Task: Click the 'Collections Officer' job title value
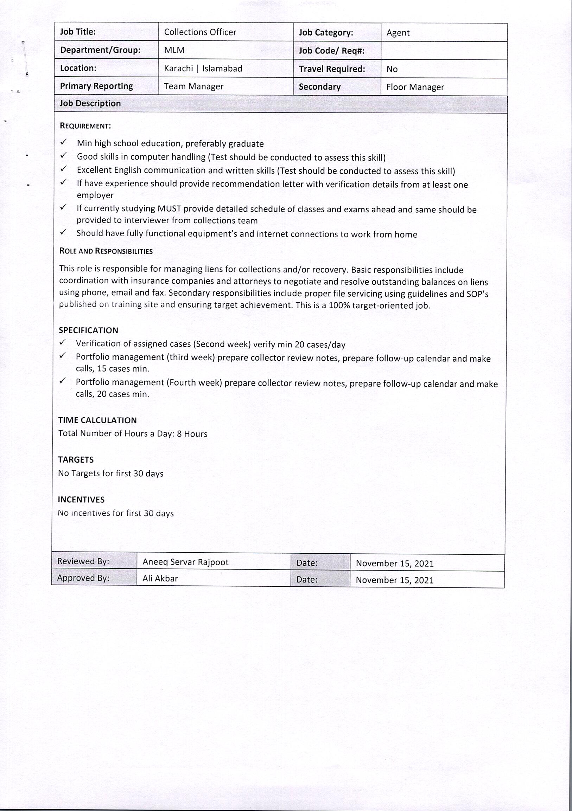click(x=200, y=32)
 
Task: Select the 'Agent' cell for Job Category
click(x=398, y=33)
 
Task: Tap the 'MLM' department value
click(x=174, y=50)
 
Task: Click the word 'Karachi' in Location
click(x=178, y=68)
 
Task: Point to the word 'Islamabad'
click(x=222, y=69)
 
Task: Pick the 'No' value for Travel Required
click(x=392, y=69)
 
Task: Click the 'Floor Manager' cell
click(x=415, y=87)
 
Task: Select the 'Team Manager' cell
click(x=193, y=86)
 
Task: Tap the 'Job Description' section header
click(x=90, y=103)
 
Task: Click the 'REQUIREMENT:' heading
click(x=85, y=126)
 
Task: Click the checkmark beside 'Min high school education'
click(x=64, y=142)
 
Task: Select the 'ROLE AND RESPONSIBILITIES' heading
click(x=106, y=251)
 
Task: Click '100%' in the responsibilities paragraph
click(x=339, y=305)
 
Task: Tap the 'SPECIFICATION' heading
click(x=88, y=330)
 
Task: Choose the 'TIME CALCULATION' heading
click(x=97, y=420)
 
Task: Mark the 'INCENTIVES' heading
click(x=81, y=500)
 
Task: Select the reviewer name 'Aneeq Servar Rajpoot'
click(x=185, y=562)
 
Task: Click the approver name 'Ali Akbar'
click(x=160, y=578)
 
